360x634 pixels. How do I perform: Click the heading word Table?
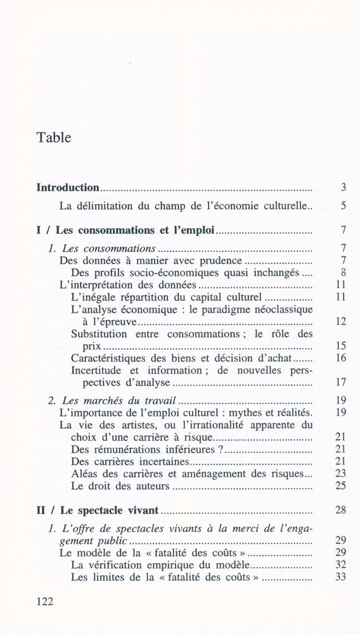point(54,136)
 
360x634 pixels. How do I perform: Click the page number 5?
point(342,205)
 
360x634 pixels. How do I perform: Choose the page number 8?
point(342,273)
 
